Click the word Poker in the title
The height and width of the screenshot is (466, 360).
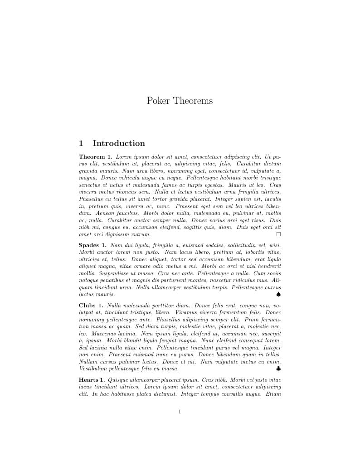coord(158,101)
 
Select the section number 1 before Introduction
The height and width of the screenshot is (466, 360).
coord(81,144)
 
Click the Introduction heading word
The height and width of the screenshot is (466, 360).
coord(119,144)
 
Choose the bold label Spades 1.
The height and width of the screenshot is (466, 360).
coord(92,245)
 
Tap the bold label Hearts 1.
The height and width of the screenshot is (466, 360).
coord(92,379)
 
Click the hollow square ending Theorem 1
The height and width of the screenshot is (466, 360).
coord(278,234)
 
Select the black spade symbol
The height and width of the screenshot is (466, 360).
coord(278,294)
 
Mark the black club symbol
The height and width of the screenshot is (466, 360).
coord(278,369)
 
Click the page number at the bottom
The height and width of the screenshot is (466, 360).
coord(180,412)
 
